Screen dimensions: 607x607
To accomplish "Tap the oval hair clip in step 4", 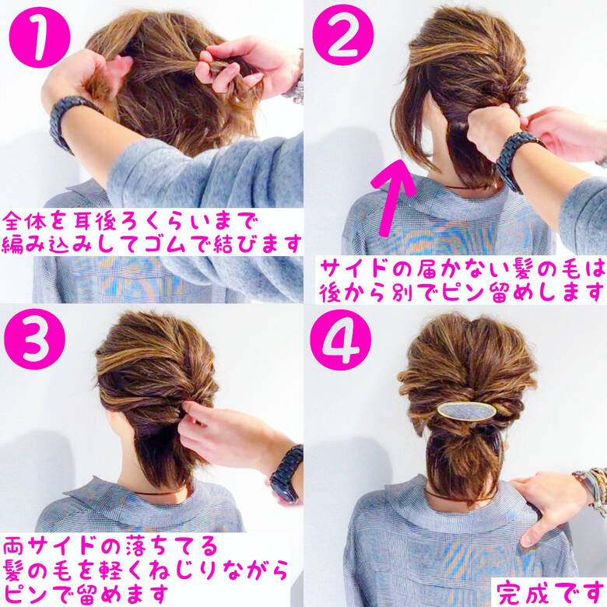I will click(x=467, y=410).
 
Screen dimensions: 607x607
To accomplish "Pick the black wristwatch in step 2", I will click(x=516, y=160).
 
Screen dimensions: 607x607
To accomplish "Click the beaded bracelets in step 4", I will click(x=593, y=486).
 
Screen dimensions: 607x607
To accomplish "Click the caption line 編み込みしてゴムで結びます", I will click(x=153, y=244).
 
